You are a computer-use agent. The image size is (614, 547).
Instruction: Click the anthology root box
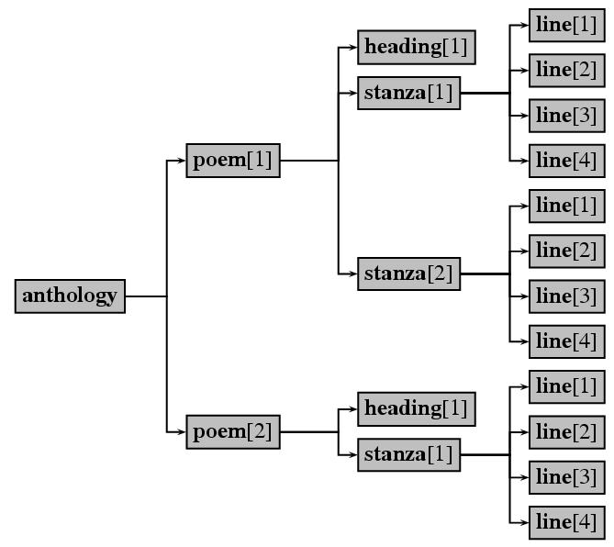[x=70, y=296]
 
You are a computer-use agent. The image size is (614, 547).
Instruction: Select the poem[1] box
[x=233, y=161]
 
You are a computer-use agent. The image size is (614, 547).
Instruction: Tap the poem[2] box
[x=233, y=431]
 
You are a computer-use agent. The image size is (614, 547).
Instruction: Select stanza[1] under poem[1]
[x=408, y=93]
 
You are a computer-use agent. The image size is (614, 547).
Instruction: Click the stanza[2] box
[x=408, y=273]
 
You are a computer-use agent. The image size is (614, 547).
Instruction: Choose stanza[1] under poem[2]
[x=408, y=454]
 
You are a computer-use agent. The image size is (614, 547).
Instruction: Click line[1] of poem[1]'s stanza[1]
[x=566, y=25]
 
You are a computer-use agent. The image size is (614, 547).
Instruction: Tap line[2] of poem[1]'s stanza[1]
[x=566, y=70]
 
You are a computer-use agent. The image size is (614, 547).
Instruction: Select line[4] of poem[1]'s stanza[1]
[x=566, y=161]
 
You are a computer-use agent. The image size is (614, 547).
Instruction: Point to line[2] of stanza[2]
[x=566, y=251]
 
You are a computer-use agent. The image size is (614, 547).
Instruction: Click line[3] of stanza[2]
[x=566, y=296]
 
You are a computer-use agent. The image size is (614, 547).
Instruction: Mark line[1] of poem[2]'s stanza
[x=566, y=386]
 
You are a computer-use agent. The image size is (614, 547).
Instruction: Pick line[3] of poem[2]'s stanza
[x=566, y=477]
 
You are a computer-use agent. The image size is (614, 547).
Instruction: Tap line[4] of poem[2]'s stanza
[x=566, y=522]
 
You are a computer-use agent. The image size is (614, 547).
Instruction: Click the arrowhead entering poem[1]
[x=182, y=161]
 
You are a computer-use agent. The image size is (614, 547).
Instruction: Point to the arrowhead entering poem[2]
[x=182, y=431]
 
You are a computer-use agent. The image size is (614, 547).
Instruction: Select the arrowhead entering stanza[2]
[x=353, y=273]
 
